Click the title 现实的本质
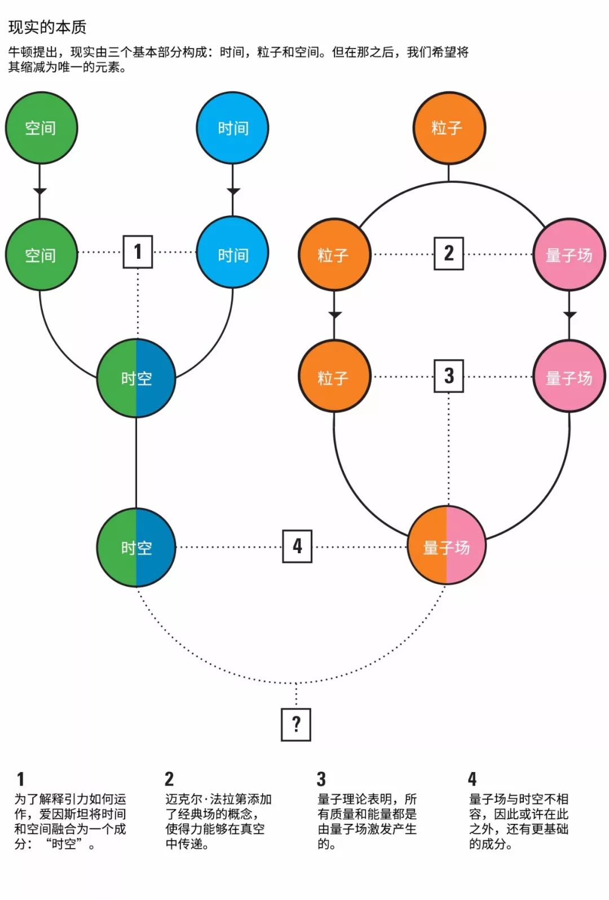click(47, 27)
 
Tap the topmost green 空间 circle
click(41, 128)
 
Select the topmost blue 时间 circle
click(233, 128)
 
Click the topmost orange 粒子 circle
click(449, 128)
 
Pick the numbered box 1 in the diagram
click(138, 252)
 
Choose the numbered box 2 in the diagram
click(449, 253)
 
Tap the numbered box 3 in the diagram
click(449, 376)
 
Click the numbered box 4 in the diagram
click(297, 546)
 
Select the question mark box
click(296, 724)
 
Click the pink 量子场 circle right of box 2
click(569, 255)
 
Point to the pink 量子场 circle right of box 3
click(569, 377)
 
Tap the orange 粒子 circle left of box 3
click(334, 377)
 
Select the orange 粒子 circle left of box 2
click(334, 255)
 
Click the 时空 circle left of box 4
click(136, 548)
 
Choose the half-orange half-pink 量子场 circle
click(447, 546)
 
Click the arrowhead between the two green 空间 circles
click(39, 191)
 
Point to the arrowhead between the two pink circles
click(570, 315)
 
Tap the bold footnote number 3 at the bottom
click(321, 779)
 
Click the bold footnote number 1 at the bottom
click(21, 779)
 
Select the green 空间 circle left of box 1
click(41, 255)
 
